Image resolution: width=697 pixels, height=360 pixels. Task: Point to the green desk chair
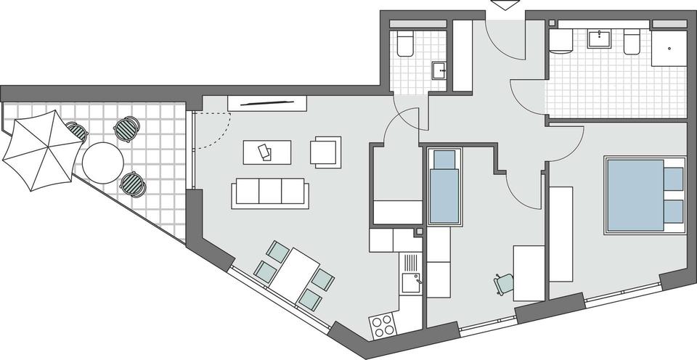504,282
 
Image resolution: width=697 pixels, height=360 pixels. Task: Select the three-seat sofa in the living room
270,195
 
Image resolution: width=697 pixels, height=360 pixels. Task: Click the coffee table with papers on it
266,152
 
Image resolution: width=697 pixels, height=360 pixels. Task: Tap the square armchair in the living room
325,152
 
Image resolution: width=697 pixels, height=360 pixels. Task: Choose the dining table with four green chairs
295,276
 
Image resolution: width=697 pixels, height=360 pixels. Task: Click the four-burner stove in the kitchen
382,325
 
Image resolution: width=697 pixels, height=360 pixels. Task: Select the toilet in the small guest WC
405,44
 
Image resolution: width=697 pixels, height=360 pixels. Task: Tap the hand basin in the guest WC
439,70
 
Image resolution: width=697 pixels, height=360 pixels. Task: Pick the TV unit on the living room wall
266,103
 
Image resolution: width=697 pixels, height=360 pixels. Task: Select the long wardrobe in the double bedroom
561,234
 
